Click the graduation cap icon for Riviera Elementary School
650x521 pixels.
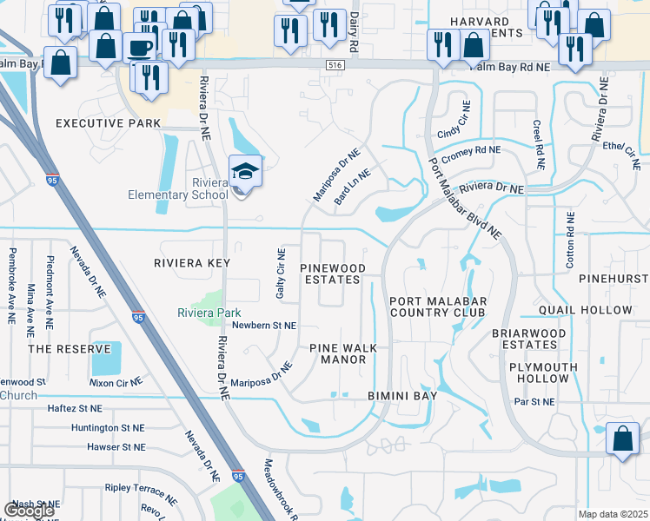click(x=245, y=170)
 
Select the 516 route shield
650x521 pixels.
click(x=335, y=65)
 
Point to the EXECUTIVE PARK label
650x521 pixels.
click(x=108, y=123)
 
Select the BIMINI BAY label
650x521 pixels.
click(x=401, y=396)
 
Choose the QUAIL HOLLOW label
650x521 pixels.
click(x=598, y=310)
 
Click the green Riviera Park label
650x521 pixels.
click(x=209, y=313)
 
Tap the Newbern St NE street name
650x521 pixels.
click(x=265, y=326)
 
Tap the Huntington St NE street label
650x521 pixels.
click(x=108, y=428)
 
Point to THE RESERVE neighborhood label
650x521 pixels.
click(x=70, y=349)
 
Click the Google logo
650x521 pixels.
click(x=29, y=511)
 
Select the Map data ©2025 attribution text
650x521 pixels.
click(x=613, y=514)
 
